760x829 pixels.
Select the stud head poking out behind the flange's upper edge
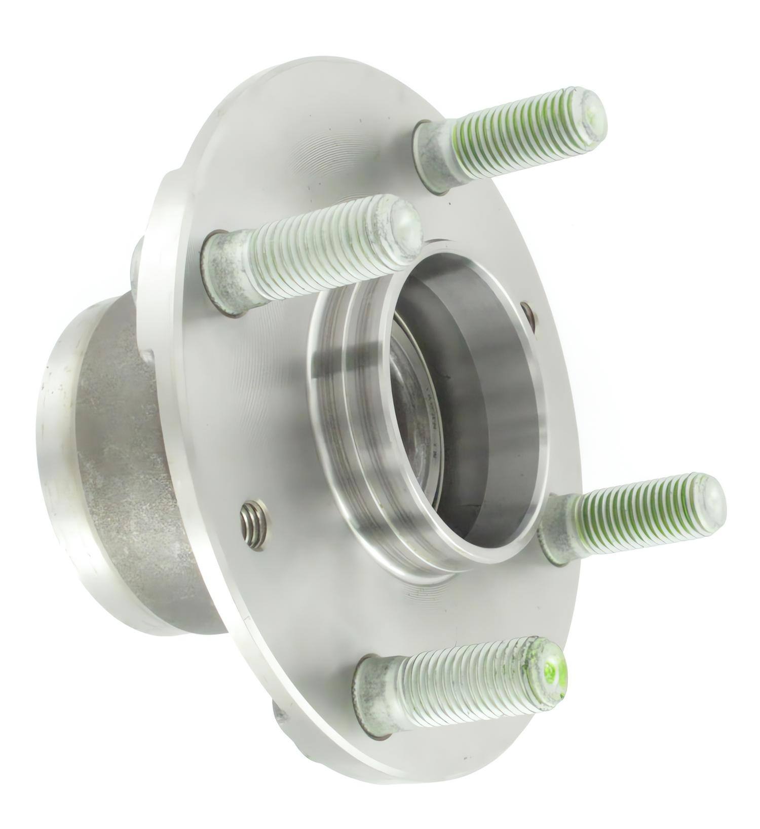[136, 264]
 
